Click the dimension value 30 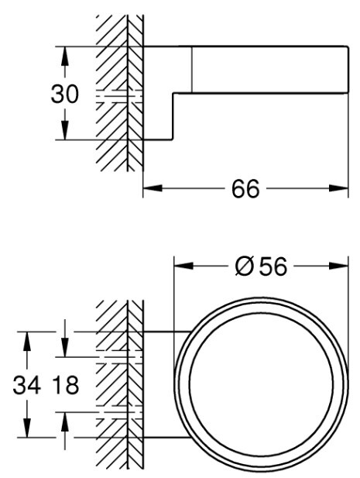click(64, 94)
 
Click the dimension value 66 click(245, 189)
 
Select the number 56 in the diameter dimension click(273, 267)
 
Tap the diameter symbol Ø click(245, 267)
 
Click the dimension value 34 click(27, 385)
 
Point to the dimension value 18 click(66, 385)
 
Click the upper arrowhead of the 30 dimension click(64, 57)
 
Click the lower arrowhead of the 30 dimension click(64, 130)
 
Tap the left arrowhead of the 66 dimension click(153, 188)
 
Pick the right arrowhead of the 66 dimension click(338, 188)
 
